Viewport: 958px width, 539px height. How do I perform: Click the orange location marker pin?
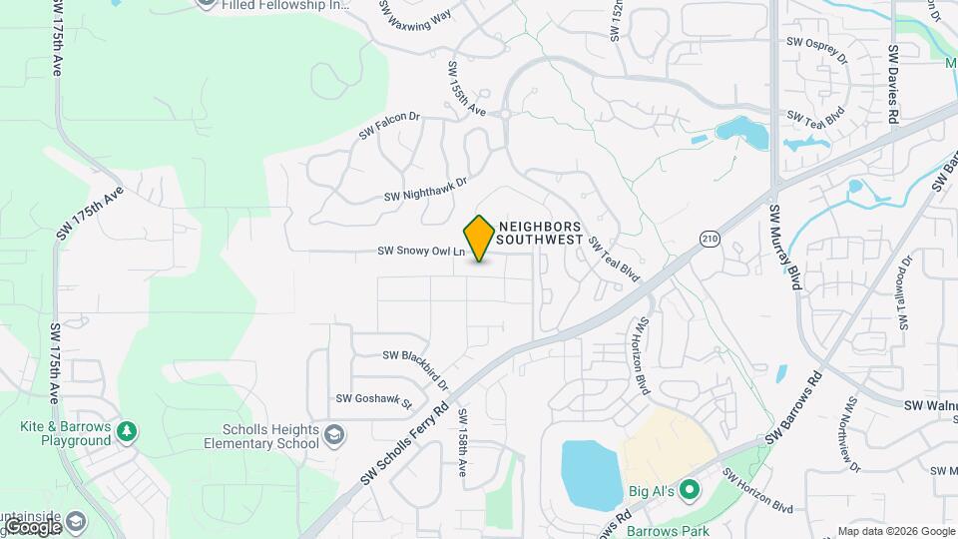coord(479,238)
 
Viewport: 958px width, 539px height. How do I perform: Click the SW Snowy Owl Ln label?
coord(422,253)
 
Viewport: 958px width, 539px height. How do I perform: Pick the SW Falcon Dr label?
coord(390,125)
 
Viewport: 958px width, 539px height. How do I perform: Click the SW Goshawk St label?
coord(373,399)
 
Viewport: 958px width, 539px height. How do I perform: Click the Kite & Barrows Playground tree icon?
coord(127,431)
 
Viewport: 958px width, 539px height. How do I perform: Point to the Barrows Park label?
coord(668,530)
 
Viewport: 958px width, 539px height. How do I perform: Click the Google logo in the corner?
coord(32,526)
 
